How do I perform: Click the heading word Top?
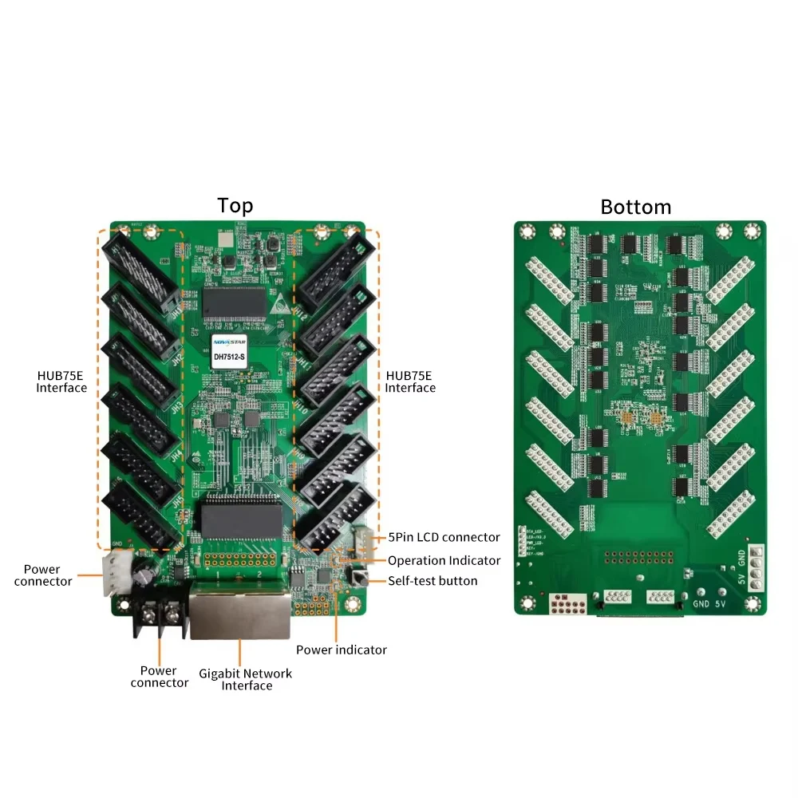coord(235,205)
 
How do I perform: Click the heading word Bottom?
coord(635,207)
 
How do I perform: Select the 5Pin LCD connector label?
coord(444,537)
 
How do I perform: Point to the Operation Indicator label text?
coord(444,560)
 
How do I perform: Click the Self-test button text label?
coord(433,581)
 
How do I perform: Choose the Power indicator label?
coord(342,650)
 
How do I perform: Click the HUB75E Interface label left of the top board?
coord(61,381)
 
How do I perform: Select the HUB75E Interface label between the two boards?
coord(410,381)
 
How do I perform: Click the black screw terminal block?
coord(159,617)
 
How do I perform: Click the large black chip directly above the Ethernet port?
coord(241,519)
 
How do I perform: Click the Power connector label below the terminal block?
coord(159,677)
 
